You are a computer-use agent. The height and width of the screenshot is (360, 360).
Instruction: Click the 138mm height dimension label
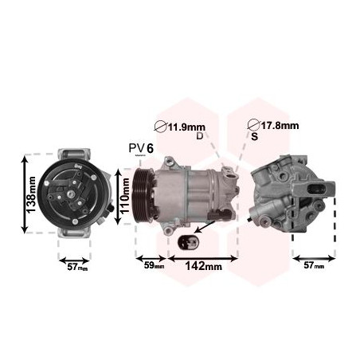click(x=31, y=194)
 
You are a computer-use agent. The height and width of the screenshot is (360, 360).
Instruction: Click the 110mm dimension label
click(x=125, y=196)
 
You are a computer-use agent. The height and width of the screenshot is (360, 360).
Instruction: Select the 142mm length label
click(x=203, y=266)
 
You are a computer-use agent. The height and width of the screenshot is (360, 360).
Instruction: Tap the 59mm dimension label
click(x=154, y=265)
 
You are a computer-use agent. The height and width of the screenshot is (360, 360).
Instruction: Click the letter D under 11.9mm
click(x=199, y=136)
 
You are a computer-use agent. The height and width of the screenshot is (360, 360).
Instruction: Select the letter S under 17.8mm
click(x=254, y=136)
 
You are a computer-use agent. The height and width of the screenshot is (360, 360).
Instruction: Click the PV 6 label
click(x=141, y=148)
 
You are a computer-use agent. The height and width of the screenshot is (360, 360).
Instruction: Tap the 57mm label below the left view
click(x=77, y=267)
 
